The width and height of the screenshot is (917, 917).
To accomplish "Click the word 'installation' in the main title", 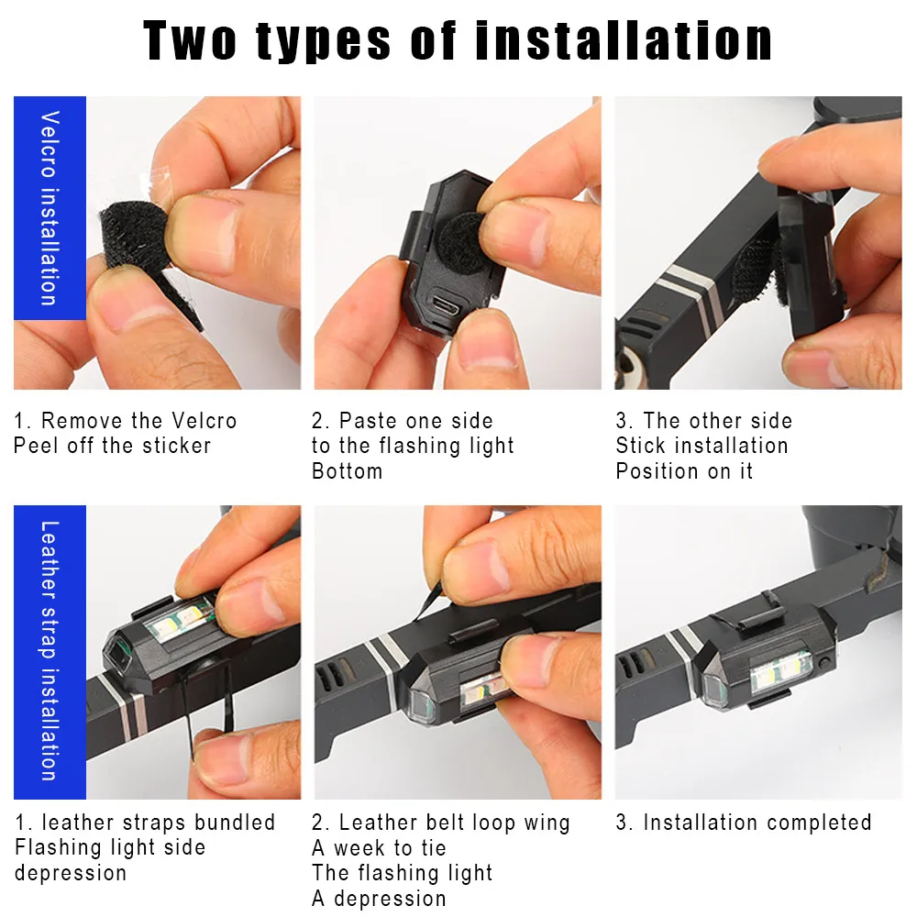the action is pyautogui.click(x=624, y=40).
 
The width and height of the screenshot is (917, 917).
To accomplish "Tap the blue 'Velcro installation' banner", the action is pyautogui.click(x=50, y=208).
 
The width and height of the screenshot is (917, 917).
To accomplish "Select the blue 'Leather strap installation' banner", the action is pyautogui.click(x=50, y=652).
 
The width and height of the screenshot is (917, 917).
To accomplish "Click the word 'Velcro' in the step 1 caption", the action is pyautogui.click(x=204, y=421).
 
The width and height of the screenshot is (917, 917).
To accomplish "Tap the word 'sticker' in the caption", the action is pyautogui.click(x=177, y=446).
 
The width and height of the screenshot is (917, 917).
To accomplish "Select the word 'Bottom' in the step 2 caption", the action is pyautogui.click(x=348, y=470).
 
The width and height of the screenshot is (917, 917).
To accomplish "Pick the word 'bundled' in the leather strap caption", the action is pyautogui.click(x=235, y=823).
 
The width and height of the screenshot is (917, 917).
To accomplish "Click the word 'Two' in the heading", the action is pyautogui.click(x=190, y=40).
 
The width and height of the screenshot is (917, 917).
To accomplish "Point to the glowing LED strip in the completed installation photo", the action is pyautogui.click(x=780, y=671).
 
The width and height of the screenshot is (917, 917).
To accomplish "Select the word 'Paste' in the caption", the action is pyautogui.click(x=369, y=421).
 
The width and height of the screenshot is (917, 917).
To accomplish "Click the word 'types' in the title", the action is pyautogui.click(x=324, y=42).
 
